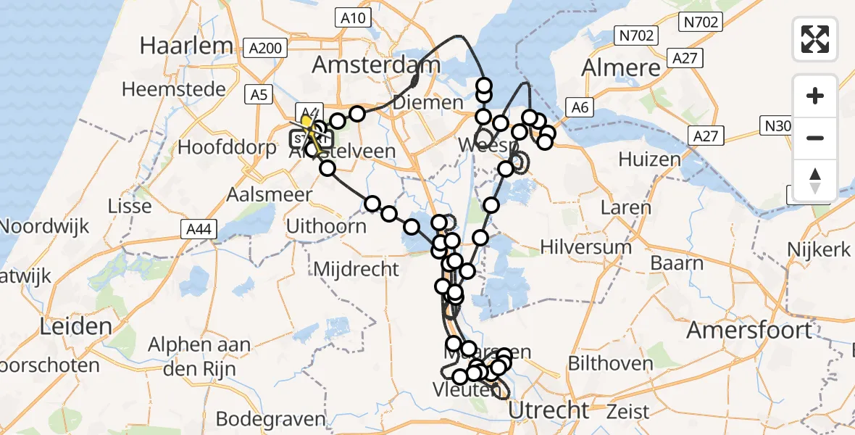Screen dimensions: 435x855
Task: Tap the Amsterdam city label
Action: coord(376,65)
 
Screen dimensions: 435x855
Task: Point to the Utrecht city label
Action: coord(549,410)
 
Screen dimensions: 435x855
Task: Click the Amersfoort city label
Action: coord(749,331)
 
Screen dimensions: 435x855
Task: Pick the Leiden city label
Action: coord(75,326)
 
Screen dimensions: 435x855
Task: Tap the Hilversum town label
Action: coord(586,246)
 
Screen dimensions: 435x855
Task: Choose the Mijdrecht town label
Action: coord(356,270)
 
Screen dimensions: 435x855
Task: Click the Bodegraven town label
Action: coord(271,419)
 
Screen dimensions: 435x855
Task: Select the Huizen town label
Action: coord(649,159)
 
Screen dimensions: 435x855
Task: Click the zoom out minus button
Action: coord(815,138)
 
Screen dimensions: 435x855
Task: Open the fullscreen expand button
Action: coord(815,39)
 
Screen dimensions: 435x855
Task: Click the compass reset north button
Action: coord(815,180)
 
